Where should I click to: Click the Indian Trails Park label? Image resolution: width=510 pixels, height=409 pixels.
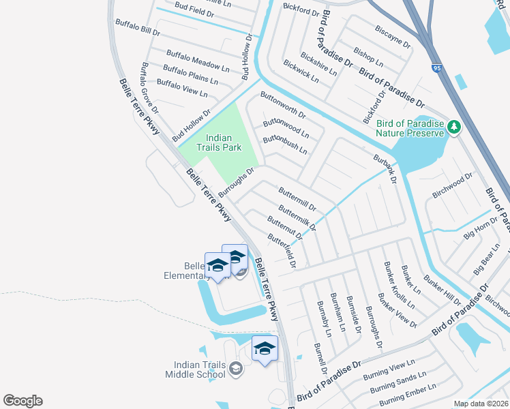click(215, 142)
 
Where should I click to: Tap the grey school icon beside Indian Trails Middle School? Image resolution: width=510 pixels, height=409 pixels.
click(236, 369)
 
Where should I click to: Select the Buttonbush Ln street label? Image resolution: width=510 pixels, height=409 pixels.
click(285, 144)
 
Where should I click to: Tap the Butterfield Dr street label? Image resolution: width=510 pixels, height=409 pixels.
click(282, 250)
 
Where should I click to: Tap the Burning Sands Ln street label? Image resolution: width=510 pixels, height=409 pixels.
click(398, 382)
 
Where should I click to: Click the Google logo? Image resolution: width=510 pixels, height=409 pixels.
click(22, 401)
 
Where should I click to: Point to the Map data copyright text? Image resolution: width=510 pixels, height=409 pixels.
click(481, 404)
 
